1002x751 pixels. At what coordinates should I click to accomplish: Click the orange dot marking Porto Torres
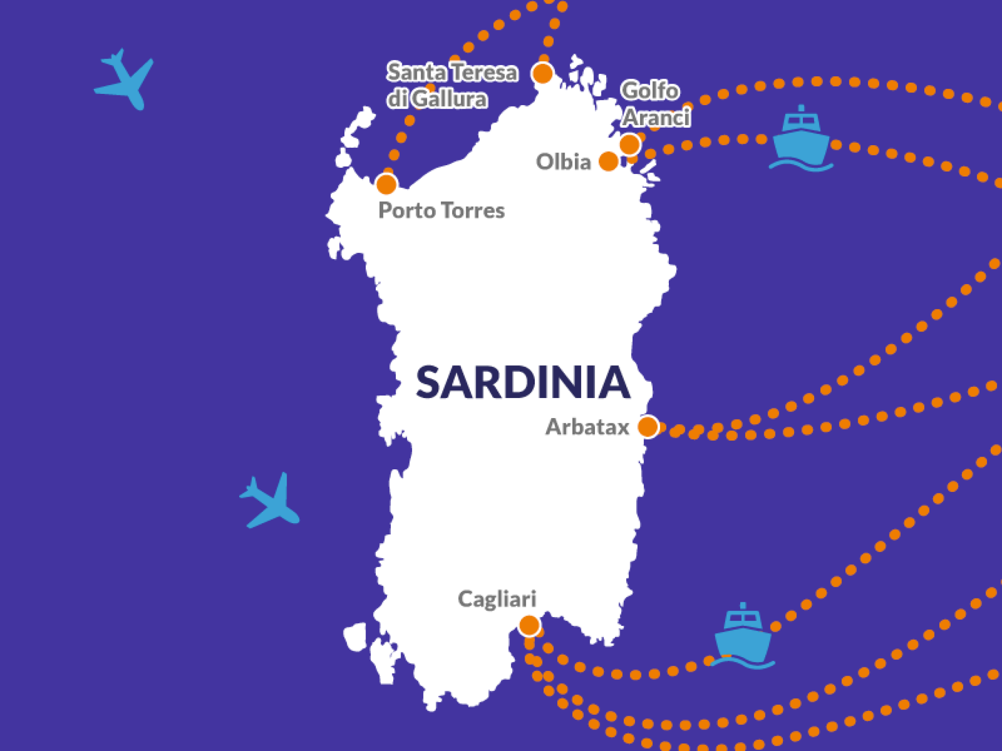(x=387, y=184)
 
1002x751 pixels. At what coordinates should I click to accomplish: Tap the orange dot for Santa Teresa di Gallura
(x=543, y=74)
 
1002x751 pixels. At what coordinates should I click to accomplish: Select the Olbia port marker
(x=609, y=161)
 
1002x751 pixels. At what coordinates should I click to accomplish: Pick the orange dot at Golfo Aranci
(x=630, y=144)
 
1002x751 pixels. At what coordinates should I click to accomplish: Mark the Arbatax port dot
(x=648, y=426)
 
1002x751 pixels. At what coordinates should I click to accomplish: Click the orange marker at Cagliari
(x=529, y=625)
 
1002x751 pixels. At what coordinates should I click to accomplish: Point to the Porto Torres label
(x=441, y=211)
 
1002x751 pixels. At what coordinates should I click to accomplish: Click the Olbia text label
(x=563, y=162)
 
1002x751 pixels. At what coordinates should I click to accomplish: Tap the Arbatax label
(x=587, y=427)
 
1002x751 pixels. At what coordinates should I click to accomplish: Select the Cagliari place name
(x=497, y=599)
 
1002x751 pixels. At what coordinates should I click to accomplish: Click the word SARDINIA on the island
(x=523, y=383)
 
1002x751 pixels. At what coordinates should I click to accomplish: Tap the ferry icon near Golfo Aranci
(x=801, y=139)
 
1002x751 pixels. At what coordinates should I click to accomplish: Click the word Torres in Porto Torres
(x=473, y=211)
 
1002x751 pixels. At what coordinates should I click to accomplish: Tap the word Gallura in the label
(x=449, y=99)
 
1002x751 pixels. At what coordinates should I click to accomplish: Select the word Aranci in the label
(x=657, y=118)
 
